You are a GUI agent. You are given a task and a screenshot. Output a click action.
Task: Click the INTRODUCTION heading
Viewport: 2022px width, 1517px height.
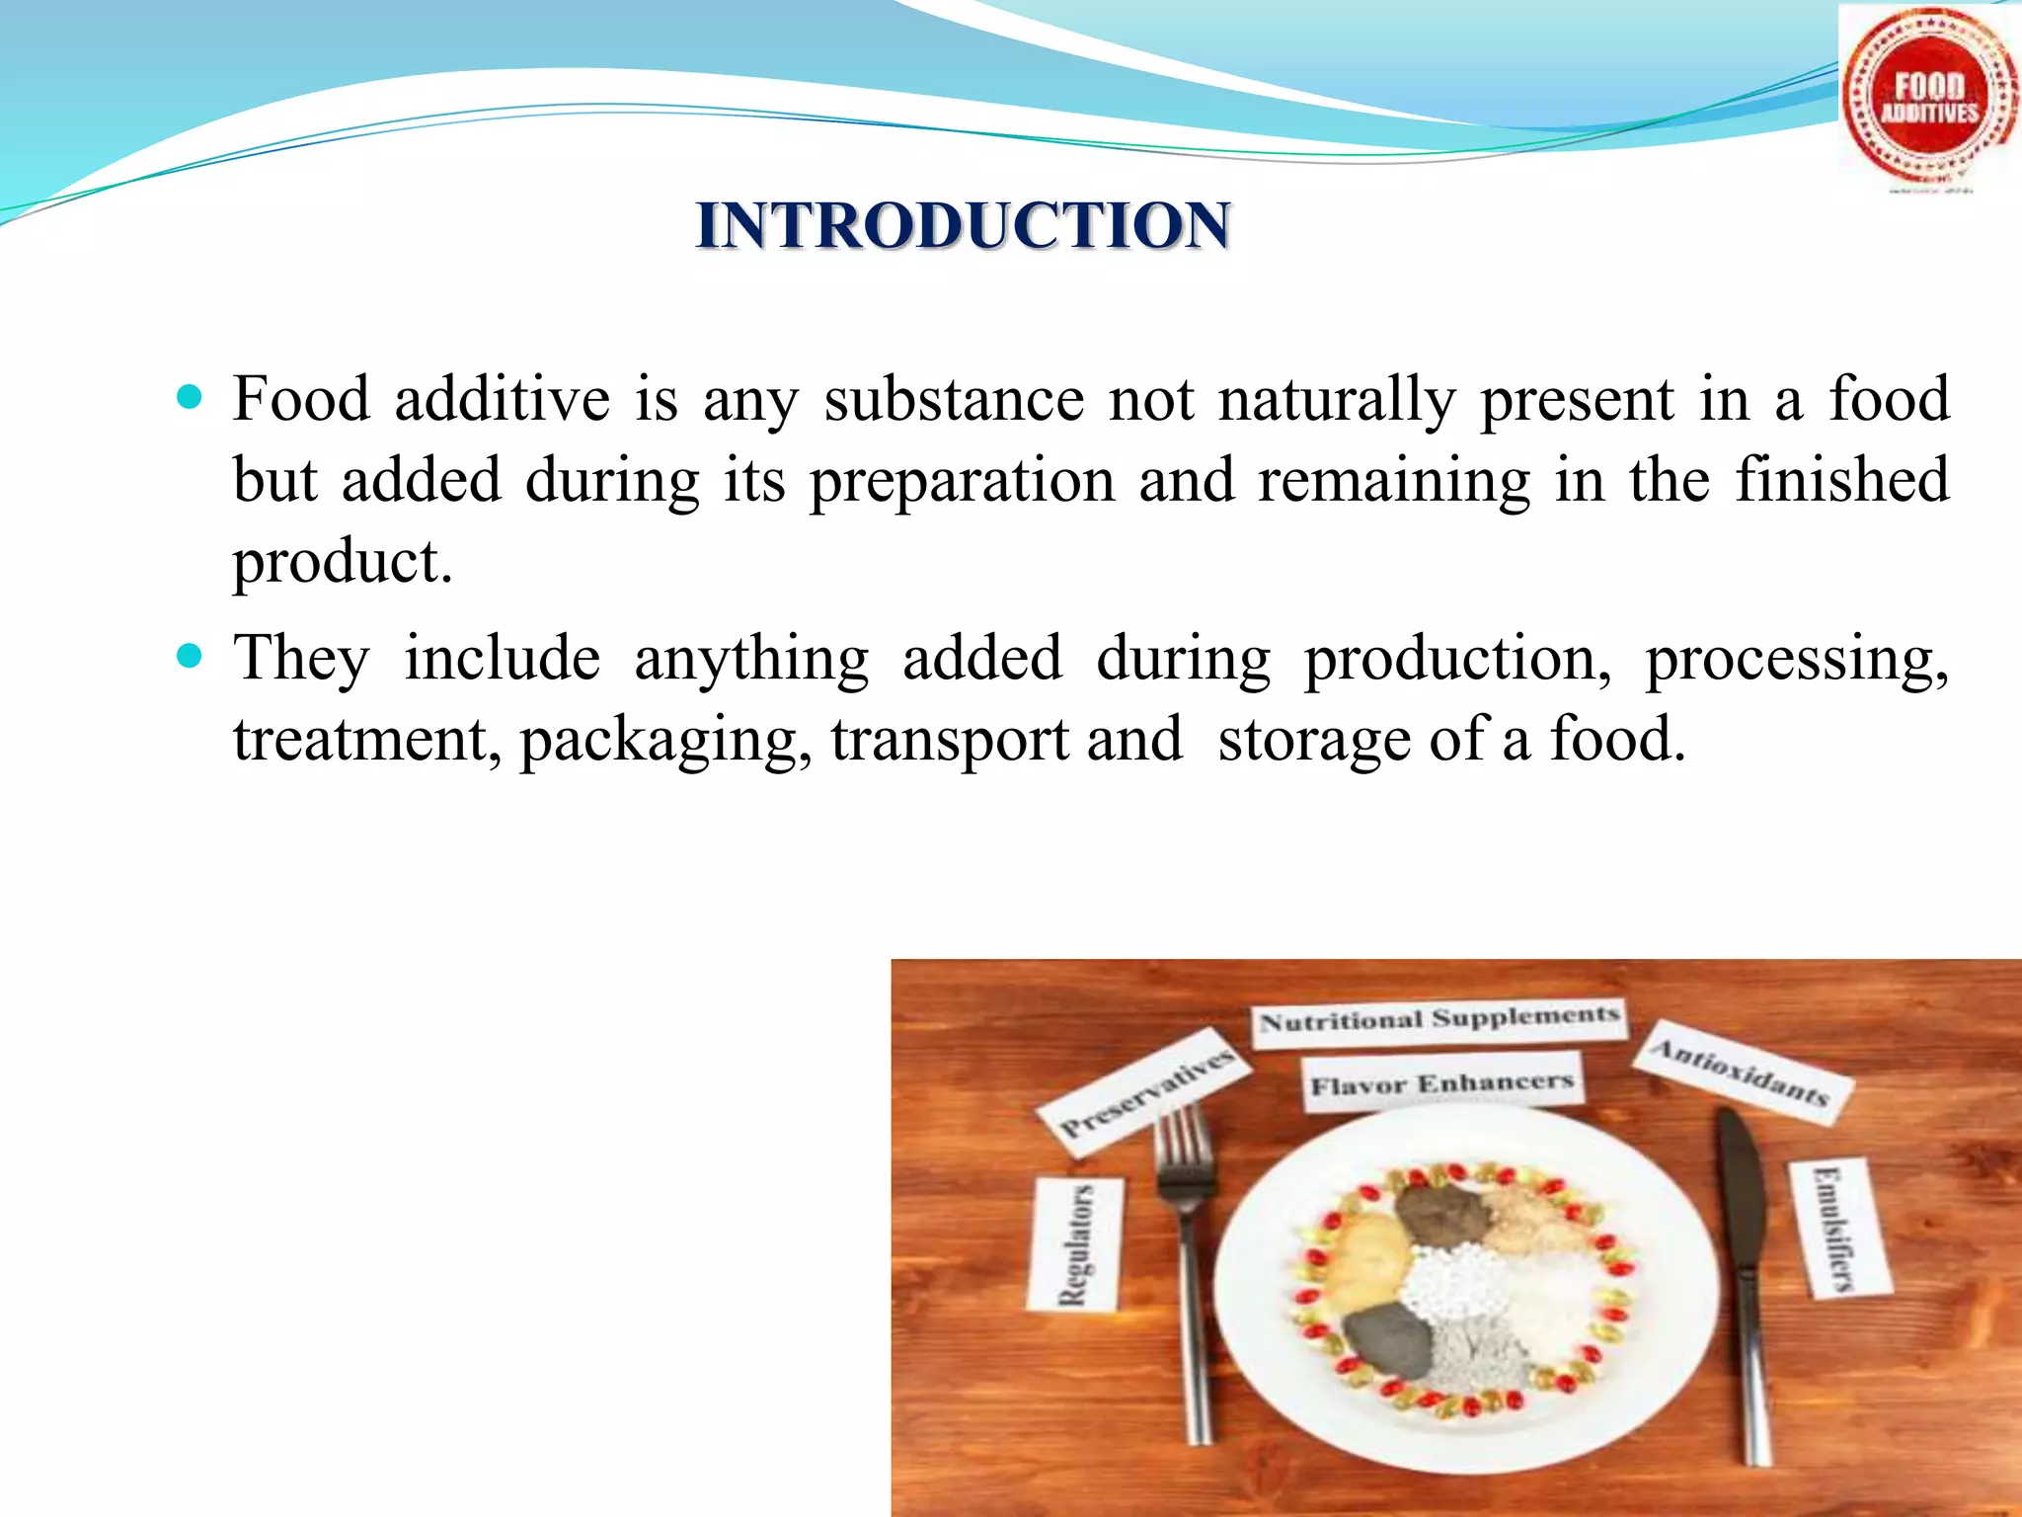coord(963,225)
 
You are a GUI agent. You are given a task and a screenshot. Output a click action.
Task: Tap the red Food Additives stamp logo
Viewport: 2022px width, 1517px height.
coord(1928,100)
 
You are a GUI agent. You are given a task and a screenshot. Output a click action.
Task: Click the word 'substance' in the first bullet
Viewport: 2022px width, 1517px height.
coord(954,400)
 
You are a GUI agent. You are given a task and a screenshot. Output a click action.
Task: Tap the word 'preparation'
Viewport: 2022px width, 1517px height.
coord(962,482)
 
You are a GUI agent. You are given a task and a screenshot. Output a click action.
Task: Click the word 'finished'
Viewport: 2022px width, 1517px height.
coord(1841,480)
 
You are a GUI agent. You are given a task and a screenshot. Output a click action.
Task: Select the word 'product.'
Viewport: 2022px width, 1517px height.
coord(342,563)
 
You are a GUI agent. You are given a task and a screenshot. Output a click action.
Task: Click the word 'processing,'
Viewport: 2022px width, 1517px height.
coord(1796,660)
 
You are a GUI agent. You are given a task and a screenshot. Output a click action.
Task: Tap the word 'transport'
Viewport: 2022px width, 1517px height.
coord(949,741)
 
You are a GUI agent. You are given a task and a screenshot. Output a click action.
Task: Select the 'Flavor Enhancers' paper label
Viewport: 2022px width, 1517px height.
coord(1440,1084)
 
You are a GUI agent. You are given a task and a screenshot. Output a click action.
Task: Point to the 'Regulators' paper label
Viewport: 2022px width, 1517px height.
coord(1075,1244)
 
